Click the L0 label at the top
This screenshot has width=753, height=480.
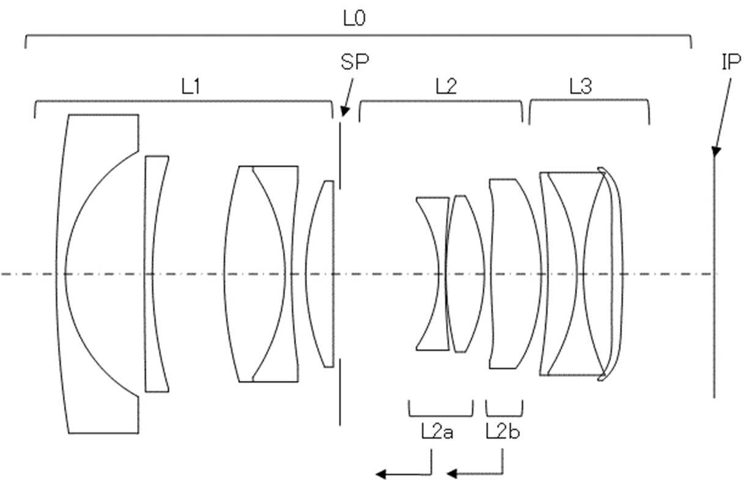coord(354,18)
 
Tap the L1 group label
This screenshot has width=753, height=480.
coord(191,86)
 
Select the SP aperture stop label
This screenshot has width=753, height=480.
coord(355,62)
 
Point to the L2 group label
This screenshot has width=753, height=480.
coord(446,86)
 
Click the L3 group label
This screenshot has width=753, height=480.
coord(581,86)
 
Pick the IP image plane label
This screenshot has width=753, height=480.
coord(732,62)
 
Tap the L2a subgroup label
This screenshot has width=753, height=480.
coord(437,432)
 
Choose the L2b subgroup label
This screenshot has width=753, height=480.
coord(503,432)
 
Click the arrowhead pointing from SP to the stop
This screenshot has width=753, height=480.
coord(344,111)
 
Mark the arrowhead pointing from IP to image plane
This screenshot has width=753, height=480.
coord(716,151)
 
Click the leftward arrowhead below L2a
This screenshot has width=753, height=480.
coord(381,474)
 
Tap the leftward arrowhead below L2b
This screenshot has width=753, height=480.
coord(452,474)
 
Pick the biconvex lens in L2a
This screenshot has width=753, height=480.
coord(465,274)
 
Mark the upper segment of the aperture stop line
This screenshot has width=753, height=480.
coord(340,156)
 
